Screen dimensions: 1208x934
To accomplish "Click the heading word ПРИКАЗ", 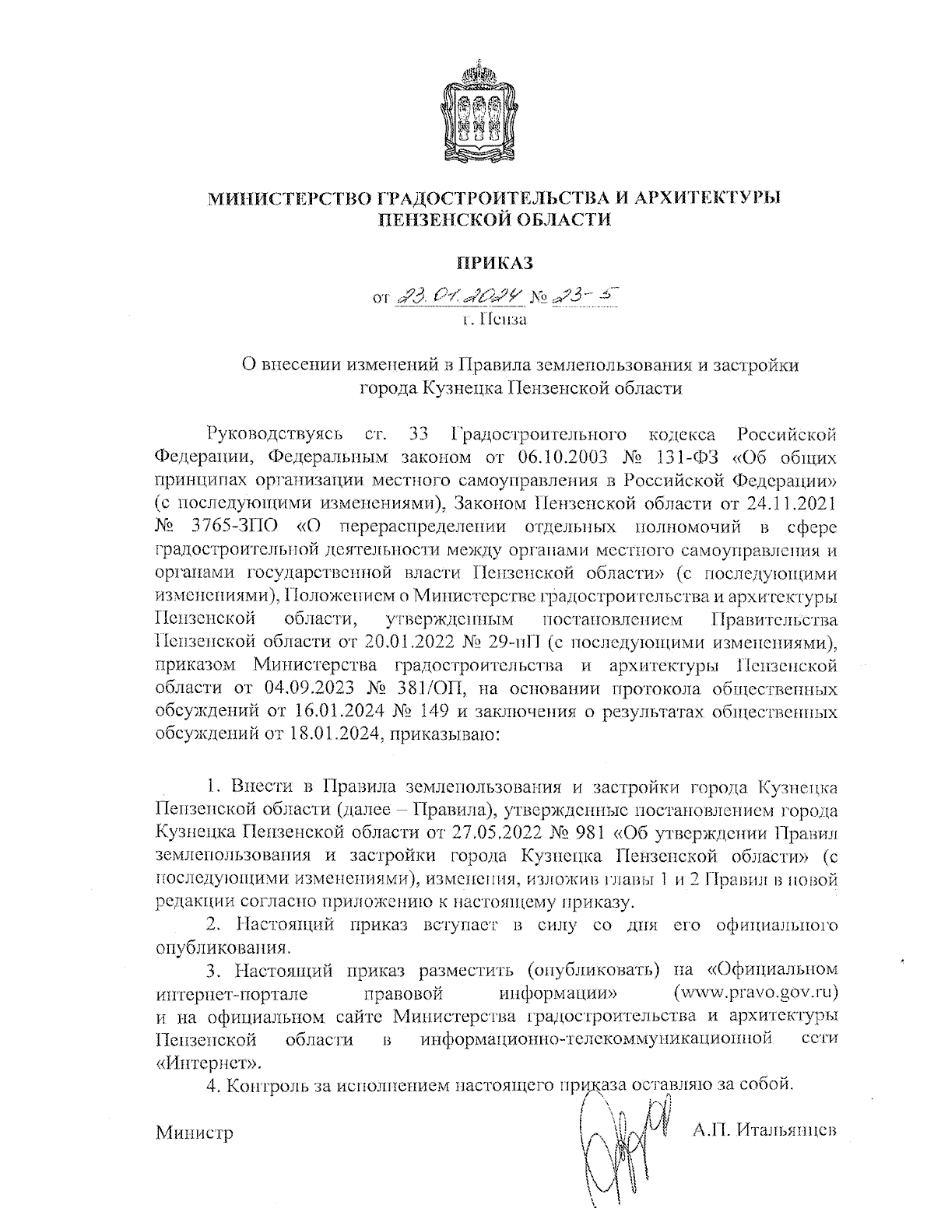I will coord(494,263).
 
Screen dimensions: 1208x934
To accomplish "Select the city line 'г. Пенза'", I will coord(494,320).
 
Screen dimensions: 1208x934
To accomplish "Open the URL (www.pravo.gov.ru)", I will coord(756,993).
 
